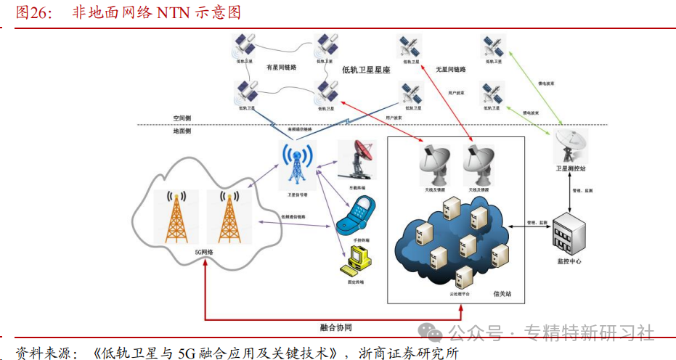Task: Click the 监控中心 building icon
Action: point(568,235)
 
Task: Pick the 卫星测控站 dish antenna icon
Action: point(570,147)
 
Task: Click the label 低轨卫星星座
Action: point(366,71)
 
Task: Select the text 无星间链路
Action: point(450,70)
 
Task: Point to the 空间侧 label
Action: point(182,118)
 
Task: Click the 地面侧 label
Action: point(182,131)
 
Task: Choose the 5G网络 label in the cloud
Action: point(204,252)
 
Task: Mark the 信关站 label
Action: point(502,294)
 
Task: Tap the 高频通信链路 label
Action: point(299,129)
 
